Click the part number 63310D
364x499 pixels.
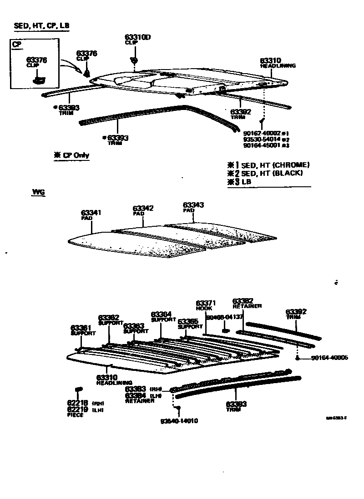(137, 37)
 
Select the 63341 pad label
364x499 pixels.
(91, 213)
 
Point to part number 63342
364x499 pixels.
(143, 208)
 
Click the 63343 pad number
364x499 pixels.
(193, 205)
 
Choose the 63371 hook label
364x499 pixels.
(205, 303)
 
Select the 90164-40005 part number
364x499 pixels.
(329, 358)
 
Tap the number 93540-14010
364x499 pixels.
(179, 421)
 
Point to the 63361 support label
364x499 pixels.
(81, 328)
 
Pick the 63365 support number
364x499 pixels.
(187, 321)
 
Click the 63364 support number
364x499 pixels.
(161, 314)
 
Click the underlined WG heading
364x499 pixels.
(38, 193)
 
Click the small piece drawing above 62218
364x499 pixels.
(78, 389)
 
